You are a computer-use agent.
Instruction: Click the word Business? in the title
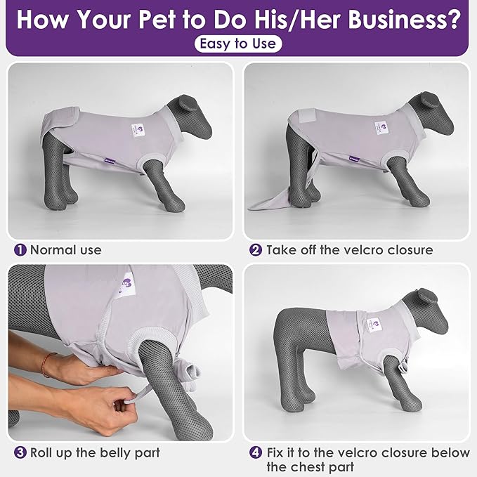coord(405,19)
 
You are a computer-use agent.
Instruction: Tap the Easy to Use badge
coord(238,44)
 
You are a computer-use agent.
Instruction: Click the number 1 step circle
coord(20,250)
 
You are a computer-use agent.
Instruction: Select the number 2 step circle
coord(256,250)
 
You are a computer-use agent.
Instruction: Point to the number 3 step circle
coord(20,452)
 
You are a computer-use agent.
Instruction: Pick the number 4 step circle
coord(256,452)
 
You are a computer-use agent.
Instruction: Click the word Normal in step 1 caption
coord(53,250)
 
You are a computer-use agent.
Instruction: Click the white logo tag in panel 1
coord(139,131)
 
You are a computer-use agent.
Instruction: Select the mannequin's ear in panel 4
coord(428,296)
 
